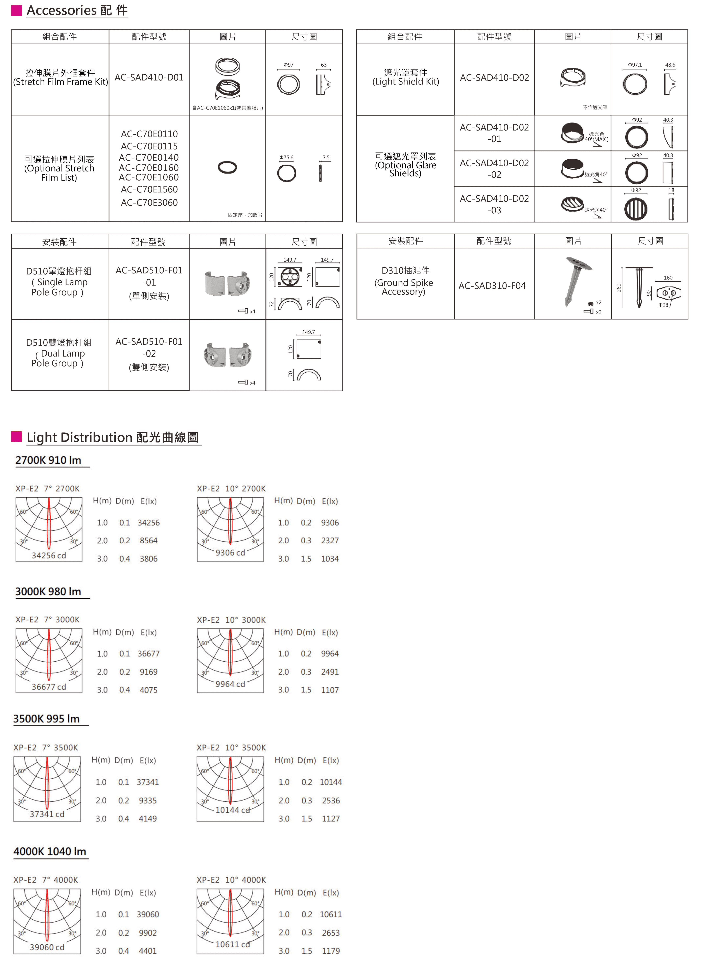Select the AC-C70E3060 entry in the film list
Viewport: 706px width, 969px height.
[x=149, y=203]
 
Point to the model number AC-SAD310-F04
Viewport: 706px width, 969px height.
[x=492, y=286]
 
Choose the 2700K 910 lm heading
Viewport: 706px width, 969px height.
[x=48, y=460]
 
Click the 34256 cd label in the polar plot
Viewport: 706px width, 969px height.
[x=49, y=556]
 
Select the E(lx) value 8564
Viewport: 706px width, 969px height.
[x=148, y=540]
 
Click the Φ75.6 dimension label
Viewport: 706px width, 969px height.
[x=286, y=158]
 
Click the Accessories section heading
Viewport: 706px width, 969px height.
[x=77, y=10]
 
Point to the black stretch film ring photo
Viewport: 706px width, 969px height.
[x=227, y=167]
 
